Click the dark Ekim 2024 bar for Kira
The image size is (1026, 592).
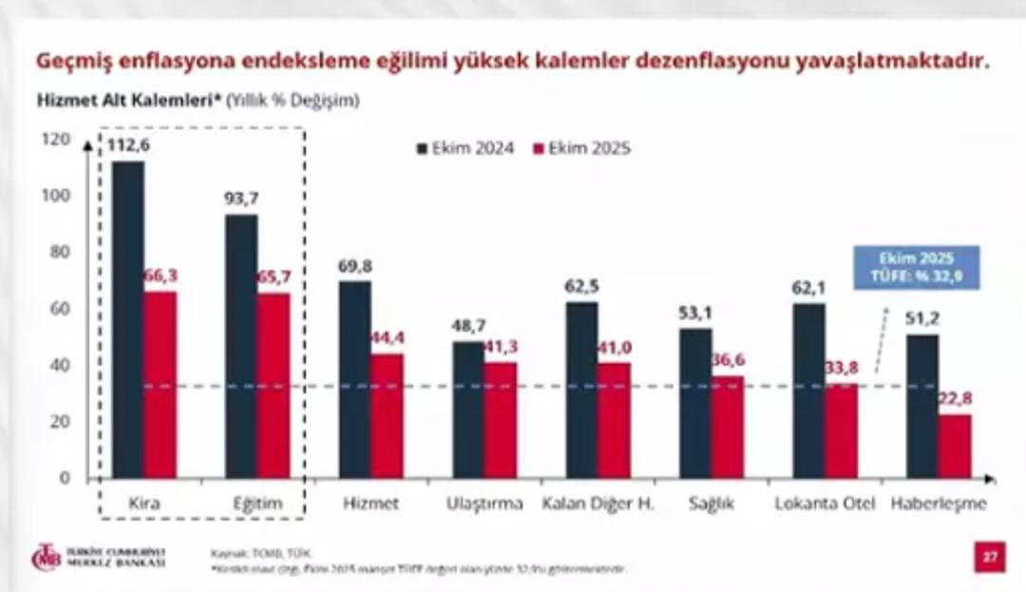click(128, 319)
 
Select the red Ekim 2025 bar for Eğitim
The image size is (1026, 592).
click(274, 385)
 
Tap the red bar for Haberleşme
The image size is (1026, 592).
click(955, 446)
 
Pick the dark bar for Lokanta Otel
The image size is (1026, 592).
click(809, 391)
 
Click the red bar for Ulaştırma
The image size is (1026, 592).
click(501, 419)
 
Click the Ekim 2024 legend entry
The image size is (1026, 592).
click(466, 148)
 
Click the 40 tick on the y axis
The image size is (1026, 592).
click(62, 365)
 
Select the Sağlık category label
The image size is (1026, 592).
click(712, 504)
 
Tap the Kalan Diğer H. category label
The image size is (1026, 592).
click(598, 504)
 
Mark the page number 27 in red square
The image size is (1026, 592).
click(989, 557)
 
